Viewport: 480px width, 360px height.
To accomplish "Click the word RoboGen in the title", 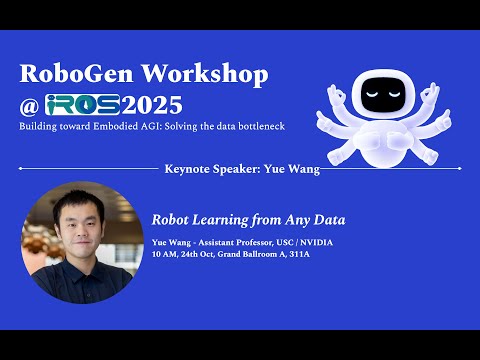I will [x=70, y=74].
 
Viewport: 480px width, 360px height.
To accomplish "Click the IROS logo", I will [x=81, y=104].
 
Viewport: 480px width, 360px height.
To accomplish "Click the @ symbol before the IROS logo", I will [x=30, y=105].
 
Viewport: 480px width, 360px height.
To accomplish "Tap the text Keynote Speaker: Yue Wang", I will [x=241, y=169].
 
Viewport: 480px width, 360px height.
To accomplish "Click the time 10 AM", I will [x=163, y=254].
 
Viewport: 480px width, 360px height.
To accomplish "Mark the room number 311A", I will [x=301, y=254].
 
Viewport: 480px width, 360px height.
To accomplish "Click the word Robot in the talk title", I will [x=171, y=219].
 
